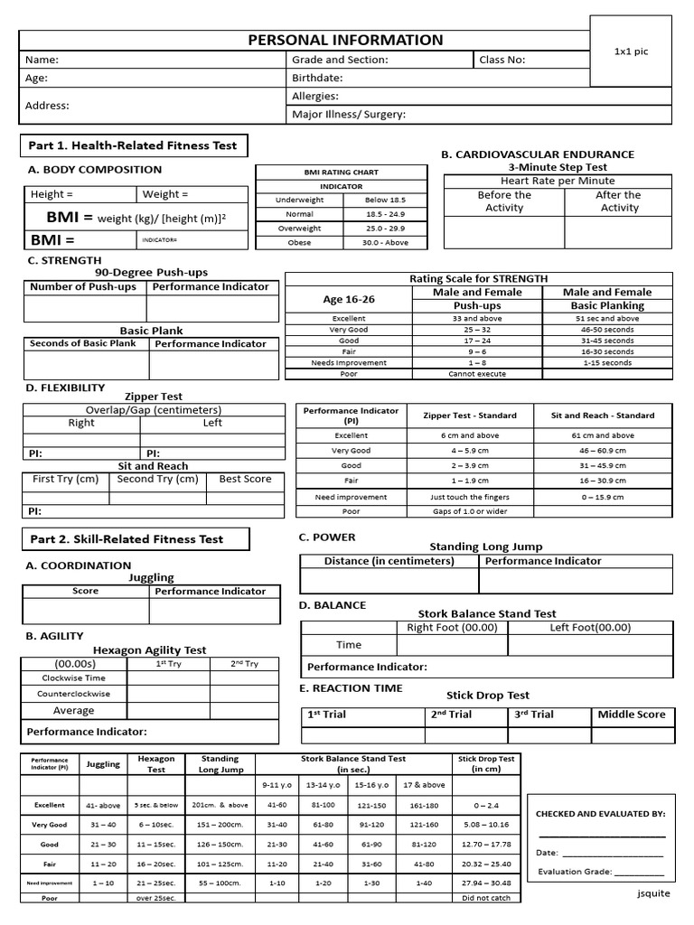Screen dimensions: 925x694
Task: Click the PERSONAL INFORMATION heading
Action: [346, 40]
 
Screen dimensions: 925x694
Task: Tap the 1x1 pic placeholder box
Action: [631, 51]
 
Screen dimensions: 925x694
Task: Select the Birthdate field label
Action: [317, 78]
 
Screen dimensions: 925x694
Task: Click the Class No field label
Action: [502, 60]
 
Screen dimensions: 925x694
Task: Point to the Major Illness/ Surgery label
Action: [348, 115]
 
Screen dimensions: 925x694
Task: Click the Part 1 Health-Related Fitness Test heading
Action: [133, 145]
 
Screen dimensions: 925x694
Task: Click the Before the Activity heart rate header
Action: [504, 201]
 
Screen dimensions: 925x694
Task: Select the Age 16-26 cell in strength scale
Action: [348, 299]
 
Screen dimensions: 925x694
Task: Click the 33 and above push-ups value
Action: [476, 319]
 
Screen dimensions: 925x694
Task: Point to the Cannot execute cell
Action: [476, 373]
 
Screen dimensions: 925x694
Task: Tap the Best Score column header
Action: [245, 479]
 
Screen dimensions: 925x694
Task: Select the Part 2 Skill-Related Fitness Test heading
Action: [127, 539]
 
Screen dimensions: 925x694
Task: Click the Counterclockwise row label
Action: [74, 694]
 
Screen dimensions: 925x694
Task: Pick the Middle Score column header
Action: [631, 715]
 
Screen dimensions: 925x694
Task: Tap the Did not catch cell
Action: [486, 898]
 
